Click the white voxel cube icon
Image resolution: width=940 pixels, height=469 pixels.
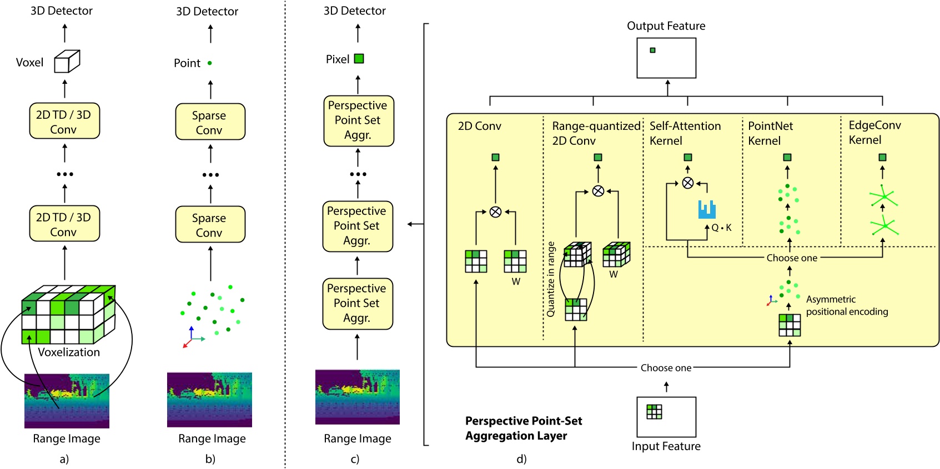(x=67, y=62)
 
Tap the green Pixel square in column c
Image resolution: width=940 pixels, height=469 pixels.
(x=359, y=58)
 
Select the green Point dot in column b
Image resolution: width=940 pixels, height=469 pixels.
(x=210, y=63)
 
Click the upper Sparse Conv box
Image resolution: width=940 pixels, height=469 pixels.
(x=210, y=122)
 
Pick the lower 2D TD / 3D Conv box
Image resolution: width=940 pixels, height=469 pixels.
(x=64, y=224)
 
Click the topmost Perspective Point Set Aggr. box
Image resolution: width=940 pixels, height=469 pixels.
(x=358, y=120)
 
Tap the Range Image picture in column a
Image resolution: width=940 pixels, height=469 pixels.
(x=67, y=401)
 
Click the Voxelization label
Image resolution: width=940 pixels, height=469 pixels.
(x=69, y=352)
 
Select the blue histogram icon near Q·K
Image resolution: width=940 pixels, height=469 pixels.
(x=707, y=209)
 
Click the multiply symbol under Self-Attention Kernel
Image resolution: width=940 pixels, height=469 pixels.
(x=687, y=183)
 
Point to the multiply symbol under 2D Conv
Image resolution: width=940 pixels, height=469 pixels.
(x=495, y=211)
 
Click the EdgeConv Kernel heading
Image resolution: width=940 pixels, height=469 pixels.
(x=874, y=132)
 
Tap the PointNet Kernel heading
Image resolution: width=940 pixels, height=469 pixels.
(x=770, y=133)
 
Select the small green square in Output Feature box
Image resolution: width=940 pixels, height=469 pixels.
(x=652, y=51)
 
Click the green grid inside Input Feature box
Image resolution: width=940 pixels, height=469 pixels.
(x=654, y=411)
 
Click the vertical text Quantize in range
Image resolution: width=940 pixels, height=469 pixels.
(x=550, y=279)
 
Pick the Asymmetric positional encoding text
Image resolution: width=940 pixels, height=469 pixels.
(x=847, y=305)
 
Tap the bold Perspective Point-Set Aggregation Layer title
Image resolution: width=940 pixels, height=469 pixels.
(x=523, y=428)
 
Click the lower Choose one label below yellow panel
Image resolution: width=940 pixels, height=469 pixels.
(x=666, y=367)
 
